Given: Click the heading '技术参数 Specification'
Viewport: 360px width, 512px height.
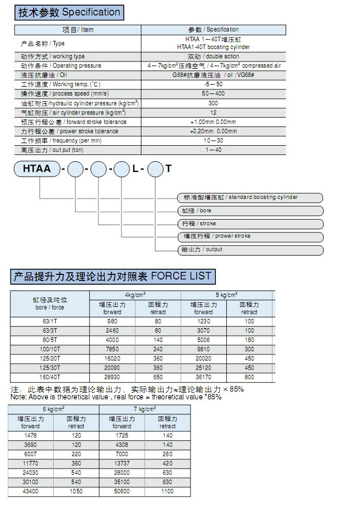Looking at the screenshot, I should tap(69, 12).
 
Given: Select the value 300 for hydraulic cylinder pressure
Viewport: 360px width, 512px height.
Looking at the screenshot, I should tap(213, 103).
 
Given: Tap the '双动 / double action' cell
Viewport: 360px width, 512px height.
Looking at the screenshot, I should tap(213, 56).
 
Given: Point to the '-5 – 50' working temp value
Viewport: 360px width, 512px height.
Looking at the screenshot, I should tap(213, 84).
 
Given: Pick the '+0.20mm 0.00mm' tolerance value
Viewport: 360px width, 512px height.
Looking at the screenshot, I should tap(213, 131).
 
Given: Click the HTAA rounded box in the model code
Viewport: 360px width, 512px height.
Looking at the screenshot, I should tap(37, 168).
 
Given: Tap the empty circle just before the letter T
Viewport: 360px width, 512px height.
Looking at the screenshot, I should tap(155, 169).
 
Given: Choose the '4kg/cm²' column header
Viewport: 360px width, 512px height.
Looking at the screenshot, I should tap(135, 294).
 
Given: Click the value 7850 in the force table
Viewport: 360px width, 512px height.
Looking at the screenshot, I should tap(112, 349).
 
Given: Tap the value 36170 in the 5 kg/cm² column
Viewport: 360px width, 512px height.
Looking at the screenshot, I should tap(203, 377).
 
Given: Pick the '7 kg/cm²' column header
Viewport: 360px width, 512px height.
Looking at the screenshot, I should tap(145, 409).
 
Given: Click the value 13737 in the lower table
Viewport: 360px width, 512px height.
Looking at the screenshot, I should tap(122, 463).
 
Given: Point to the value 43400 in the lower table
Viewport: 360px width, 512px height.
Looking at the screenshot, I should tap(30, 491).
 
